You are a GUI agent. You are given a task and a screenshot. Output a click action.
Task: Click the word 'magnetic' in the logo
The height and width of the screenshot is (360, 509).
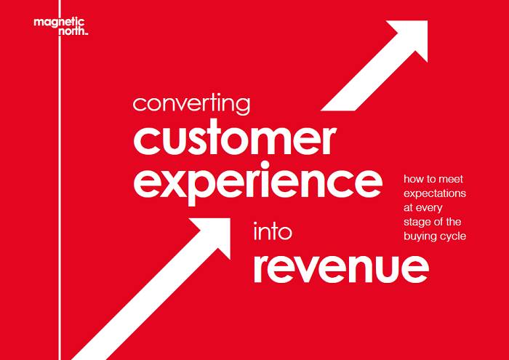coord(59,23)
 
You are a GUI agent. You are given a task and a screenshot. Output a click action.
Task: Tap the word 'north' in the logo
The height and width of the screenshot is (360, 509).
coord(72,31)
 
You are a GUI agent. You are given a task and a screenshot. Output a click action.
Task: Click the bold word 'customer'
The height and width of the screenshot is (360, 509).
coord(234,140)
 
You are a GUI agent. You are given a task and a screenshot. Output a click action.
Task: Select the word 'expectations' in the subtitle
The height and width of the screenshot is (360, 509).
coord(435,193)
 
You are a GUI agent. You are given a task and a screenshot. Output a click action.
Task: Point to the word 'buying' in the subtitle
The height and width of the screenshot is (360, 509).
coord(419,236)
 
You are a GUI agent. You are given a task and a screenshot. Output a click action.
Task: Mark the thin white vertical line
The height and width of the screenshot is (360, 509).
coord(60,180)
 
